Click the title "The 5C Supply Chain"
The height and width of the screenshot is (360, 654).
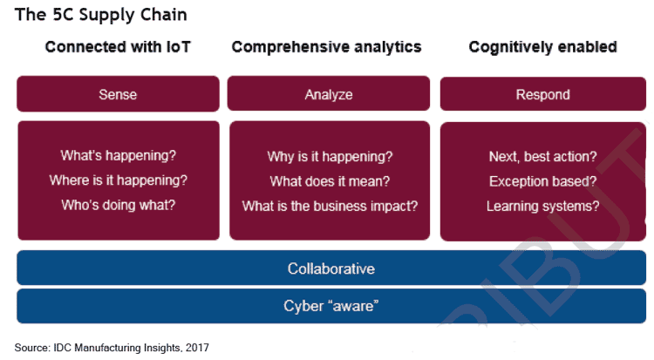pos(100,15)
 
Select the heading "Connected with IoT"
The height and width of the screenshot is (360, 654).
pos(118,47)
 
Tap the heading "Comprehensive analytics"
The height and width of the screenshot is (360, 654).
pos(327,47)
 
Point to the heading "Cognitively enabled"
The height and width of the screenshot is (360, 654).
pos(542,47)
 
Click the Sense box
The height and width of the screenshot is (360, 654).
pos(118,94)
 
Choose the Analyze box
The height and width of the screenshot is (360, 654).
pos(328,94)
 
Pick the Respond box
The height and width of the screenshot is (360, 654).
pos(542,94)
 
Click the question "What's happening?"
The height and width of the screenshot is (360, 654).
pos(118,156)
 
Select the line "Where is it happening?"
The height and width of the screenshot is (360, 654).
pos(118,180)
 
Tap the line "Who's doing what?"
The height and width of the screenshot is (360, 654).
pos(118,206)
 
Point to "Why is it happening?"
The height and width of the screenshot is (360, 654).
pos(330,157)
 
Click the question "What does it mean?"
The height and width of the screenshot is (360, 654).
pos(330,181)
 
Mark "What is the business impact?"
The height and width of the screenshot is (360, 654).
pos(330,207)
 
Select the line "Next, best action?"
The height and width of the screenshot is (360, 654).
pos(542,157)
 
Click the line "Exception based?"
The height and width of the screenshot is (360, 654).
pos(542,181)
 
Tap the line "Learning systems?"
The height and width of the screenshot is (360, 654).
pos(542,207)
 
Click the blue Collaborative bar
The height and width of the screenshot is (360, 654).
pos(330,268)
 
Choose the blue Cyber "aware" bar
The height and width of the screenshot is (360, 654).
pos(330,306)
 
